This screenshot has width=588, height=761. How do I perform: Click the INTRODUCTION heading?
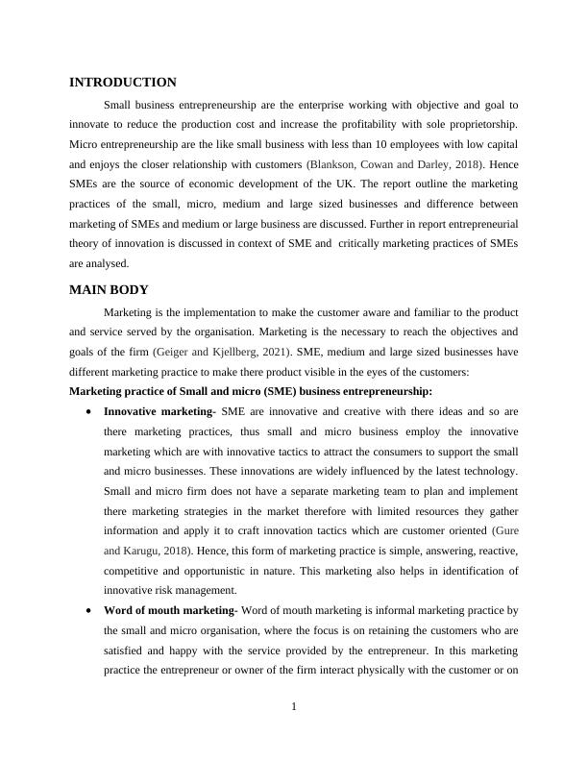click(123, 83)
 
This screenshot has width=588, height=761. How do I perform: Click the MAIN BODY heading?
click(110, 289)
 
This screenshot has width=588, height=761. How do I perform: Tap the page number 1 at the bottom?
click(294, 708)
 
